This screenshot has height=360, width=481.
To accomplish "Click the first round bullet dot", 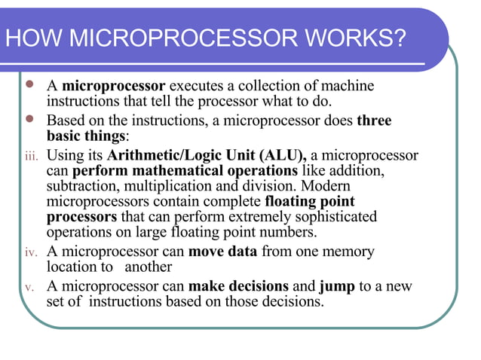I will pos(29,84).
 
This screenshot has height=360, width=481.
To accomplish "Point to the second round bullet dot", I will pos(29,119).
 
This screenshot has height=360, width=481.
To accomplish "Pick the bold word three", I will pos(374,121).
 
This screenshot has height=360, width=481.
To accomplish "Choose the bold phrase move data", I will pos(222,252).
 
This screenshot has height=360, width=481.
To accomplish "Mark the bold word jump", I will pos(335,286).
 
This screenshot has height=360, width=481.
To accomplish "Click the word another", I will pos(149,267).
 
